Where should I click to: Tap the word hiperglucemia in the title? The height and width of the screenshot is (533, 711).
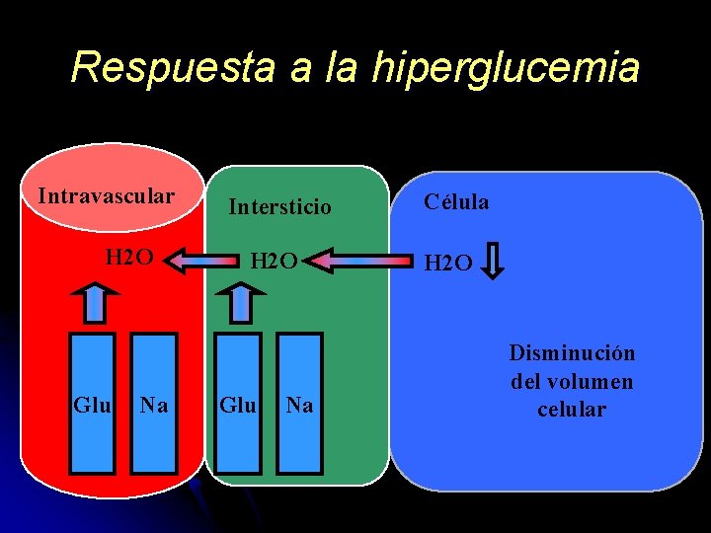pyautogui.click(x=507, y=69)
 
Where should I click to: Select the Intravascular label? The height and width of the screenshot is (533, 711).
pyautogui.click(x=106, y=195)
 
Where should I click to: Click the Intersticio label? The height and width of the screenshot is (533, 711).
pyautogui.click(x=280, y=207)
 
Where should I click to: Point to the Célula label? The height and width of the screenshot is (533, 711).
pyautogui.click(x=456, y=201)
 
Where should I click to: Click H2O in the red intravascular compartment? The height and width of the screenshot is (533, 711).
pyautogui.click(x=129, y=259)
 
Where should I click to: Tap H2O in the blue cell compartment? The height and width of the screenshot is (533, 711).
pyautogui.click(x=448, y=263)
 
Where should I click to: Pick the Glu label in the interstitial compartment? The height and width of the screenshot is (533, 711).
pyautogui.click(x=238, y=405)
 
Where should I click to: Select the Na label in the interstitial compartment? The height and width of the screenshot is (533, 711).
pyautogui.click(x=299, y=405)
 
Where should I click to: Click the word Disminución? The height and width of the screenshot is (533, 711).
pyautogui.click(x=572, y=353)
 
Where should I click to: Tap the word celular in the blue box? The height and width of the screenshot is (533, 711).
pyautogui.click(x=572, y=409)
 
